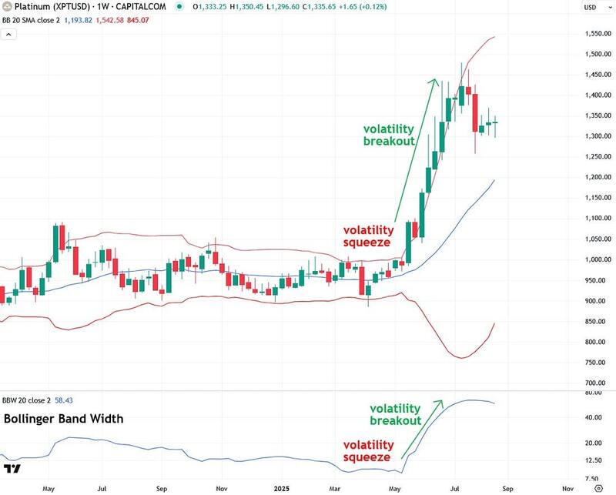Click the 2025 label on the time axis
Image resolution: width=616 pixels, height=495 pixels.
tap(280, 488)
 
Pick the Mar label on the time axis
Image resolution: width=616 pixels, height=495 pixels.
tap(336, 488)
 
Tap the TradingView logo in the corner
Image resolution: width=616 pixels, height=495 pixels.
tap(12, 469)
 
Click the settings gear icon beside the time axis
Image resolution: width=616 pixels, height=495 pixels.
tap(598, 488)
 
